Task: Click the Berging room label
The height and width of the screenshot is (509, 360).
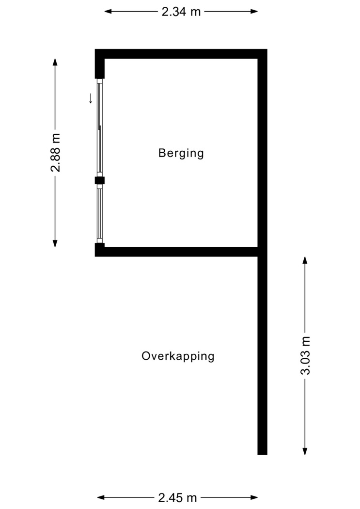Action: tap(181, 153)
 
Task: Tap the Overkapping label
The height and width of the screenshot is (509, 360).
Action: tap(178, 356)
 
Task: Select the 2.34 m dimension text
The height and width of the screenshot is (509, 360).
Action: tap(181, 12)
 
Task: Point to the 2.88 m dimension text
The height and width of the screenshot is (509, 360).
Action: tap(55, 153)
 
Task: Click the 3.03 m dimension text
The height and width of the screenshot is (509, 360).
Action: tap(305, 356)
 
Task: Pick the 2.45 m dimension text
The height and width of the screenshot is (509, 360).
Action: tap(177, 497)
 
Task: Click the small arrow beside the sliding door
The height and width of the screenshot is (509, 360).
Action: tap(91, 98)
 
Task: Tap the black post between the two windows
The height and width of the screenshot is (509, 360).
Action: tap(99, 180)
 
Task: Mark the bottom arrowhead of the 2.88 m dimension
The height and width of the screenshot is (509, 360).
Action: tap(55, 243)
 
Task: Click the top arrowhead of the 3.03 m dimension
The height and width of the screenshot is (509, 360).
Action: tap(305, 260)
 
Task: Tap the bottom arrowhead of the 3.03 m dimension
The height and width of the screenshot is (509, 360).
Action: tap(305, 451)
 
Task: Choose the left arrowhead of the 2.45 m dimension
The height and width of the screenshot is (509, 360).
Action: tap(101, 497)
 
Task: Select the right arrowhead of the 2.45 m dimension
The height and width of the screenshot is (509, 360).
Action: tap(254, 497)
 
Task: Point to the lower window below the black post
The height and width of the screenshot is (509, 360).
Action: tap(100, 214)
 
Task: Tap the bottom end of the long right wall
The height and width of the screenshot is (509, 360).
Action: tap(263, 455)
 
